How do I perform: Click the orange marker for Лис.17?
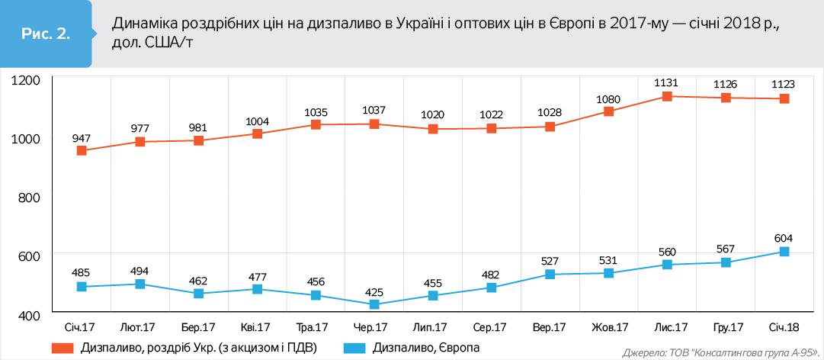(667, 97)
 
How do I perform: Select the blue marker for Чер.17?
(374, 304)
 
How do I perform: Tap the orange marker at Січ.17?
(82, 151)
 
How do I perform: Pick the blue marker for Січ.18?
(784, 252)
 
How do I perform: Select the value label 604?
(784, 237)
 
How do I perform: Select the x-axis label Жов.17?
(610, 328)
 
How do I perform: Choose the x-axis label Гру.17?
(726, 328)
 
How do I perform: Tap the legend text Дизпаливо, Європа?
(426, 349)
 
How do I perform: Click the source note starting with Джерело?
(720, 353)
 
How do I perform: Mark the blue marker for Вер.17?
(550, 275)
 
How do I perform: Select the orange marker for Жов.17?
(608, 111)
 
